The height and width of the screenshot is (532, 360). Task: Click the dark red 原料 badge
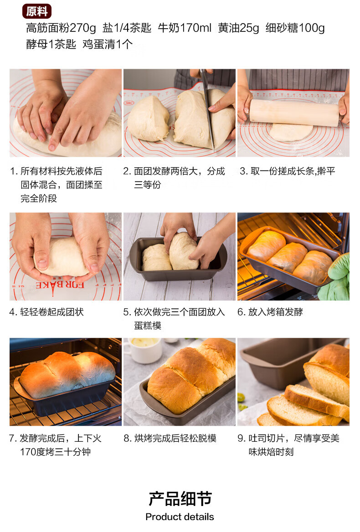pos(36,11)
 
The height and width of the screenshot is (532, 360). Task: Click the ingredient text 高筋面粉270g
pos(61,28)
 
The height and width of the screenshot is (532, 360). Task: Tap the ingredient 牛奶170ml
pos(185,28)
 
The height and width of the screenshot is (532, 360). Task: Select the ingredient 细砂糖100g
pos(295,28)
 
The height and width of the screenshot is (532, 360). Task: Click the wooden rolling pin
pos(294,112)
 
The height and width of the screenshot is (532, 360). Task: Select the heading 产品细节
pos(180,499)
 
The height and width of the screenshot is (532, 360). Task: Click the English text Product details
pos(180,517)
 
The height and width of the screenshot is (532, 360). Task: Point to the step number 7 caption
pos(55,445)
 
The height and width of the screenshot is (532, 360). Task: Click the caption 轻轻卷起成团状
pos(52,312)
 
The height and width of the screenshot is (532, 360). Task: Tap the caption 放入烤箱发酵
pos(276,312)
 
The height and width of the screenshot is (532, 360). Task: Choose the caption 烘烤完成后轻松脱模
pos(175,439)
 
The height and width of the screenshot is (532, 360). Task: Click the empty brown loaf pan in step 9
pos(278,363)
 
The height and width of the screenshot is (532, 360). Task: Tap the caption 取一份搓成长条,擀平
pos(293,171)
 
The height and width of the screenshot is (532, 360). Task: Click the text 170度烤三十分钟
pos(55,452)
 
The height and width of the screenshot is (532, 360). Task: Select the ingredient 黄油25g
pos(238,28)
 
